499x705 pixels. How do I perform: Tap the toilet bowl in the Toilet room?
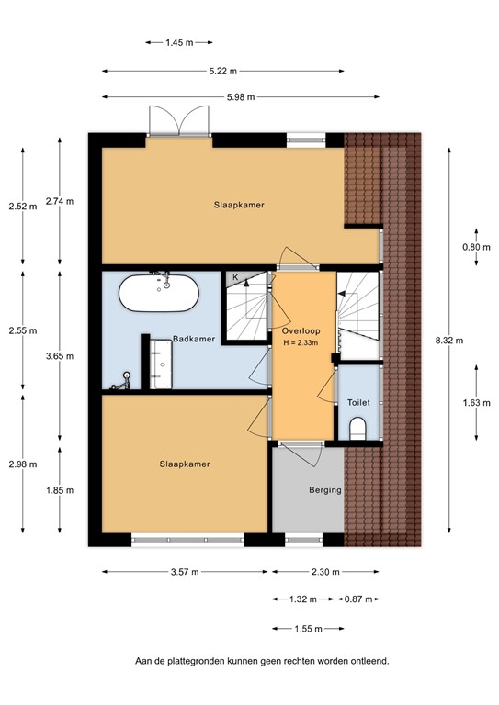[358, 427]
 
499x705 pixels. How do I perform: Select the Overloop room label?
[301, 330]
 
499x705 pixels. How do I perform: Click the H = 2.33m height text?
[301, 343]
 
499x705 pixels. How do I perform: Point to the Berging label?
[325, 490]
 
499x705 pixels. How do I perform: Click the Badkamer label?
[194, 339]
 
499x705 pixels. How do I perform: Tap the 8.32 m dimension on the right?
[448, 340]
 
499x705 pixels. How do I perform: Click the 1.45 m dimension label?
[180, 42]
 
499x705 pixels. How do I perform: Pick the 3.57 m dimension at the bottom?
[185, 571]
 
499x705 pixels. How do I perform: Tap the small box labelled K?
[234, 277]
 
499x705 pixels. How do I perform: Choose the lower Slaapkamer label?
[185, 464]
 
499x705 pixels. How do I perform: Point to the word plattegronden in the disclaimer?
[221, 660]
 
